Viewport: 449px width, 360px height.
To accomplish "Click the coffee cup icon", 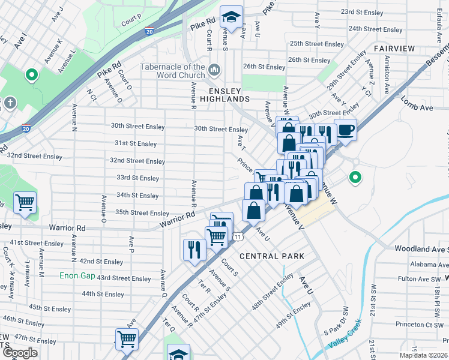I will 346,129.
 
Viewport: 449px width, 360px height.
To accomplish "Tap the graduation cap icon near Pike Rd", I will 231,18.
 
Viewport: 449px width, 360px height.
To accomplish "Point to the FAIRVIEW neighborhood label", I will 394,48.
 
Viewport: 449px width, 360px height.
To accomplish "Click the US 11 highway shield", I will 238,236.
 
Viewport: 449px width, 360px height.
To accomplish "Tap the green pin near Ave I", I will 31,75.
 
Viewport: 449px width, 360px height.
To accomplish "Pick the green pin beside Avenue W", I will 355,177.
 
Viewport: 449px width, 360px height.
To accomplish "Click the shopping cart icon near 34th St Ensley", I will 25,203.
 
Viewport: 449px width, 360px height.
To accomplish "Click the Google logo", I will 20,353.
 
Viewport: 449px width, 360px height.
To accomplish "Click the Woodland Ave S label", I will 421,248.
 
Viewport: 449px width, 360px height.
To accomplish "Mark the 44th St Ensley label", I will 103,294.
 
